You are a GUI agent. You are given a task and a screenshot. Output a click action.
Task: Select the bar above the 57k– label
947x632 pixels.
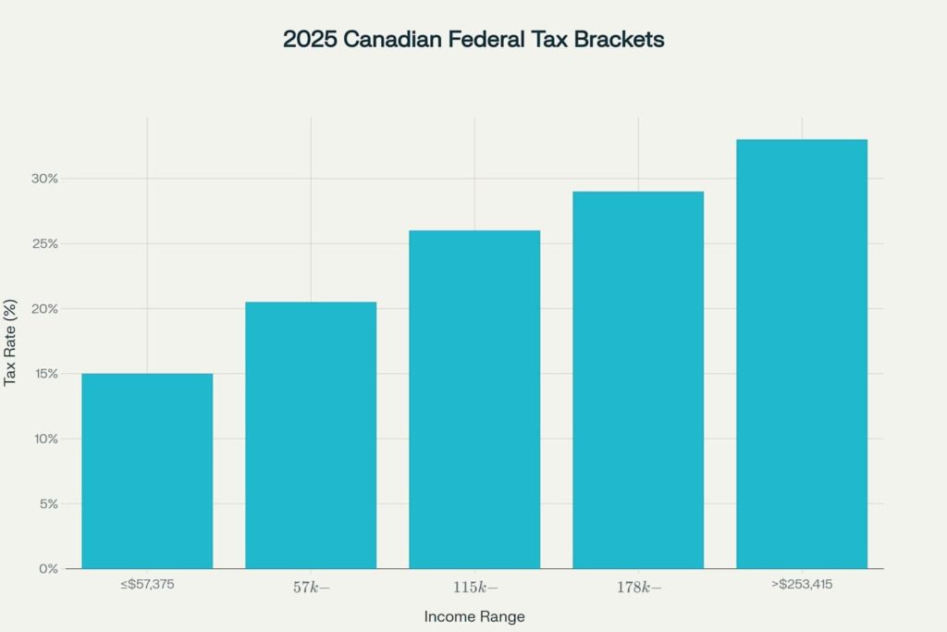(311, 435)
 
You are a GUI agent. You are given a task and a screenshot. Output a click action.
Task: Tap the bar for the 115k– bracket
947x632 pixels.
(474, 399)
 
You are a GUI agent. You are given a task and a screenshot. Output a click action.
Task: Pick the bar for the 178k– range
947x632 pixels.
(638, 379)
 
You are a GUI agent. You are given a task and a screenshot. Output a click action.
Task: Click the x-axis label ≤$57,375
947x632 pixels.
(147, 585)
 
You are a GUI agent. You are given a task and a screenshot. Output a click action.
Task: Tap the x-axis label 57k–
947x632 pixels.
(311, 587)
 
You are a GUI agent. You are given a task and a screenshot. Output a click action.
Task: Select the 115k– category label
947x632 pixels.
(474, 587)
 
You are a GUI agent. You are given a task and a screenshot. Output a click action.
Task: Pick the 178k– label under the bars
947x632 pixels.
(638, 587)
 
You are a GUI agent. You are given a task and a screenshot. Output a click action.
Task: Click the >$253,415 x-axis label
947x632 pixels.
(802, 585)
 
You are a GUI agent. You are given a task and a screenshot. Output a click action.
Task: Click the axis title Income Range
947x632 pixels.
(473, 616)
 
